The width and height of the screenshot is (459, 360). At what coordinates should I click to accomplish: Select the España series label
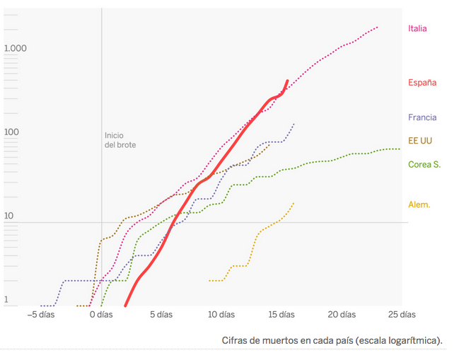coord(422,82)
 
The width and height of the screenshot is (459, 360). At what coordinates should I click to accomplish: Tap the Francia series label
coord(422,117)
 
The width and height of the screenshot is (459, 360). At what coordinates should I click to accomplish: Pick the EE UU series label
coord(420,141)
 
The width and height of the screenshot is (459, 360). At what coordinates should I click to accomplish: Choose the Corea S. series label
coord(424,164)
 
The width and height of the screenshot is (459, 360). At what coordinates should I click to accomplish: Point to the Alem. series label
coord(419,204)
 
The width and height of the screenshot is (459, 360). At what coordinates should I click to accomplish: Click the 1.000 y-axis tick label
coord(15,48)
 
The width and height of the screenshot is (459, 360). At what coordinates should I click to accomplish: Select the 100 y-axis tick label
coord(11,132)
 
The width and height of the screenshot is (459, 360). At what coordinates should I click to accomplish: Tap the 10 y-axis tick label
coord(8,216)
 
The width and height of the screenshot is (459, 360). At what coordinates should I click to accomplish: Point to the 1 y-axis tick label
coord(6,300)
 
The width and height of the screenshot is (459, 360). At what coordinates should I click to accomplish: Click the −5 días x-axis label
coord(40,314)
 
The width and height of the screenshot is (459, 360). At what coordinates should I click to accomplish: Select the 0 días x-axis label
coord(100,314)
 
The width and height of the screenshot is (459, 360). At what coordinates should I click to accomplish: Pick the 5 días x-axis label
coord(161,314)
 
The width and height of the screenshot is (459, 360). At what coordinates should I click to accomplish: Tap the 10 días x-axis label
coord(221,314)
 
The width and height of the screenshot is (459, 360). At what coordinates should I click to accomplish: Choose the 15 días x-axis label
coord(281,314)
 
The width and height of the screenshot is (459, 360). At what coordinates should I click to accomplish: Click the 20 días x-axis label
coord(342,314)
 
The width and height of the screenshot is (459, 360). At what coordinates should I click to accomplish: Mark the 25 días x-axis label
coord(402,314)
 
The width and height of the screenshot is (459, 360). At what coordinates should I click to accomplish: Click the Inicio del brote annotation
coord(120,140)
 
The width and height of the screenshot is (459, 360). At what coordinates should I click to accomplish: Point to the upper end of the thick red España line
coord(287,81)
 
